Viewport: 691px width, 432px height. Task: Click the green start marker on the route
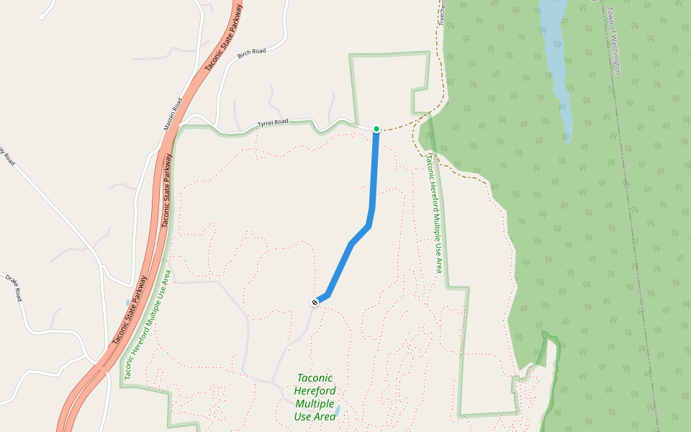[x=376, y=129]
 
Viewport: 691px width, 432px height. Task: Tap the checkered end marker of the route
[x=315, y=302]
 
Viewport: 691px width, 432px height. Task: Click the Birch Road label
[x=252, y=52]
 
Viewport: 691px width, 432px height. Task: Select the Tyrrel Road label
[x=273, y=122]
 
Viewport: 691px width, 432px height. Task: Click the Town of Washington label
[x=614, y=40]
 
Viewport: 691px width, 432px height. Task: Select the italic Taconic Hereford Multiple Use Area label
[x=315, y=397]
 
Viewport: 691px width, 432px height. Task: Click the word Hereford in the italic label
[x=315, y=391]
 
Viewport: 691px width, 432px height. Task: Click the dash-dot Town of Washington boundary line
[x=633, y=216]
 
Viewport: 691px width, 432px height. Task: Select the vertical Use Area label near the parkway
[x=147, y=324]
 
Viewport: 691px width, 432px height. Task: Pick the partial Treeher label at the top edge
[x=442, y=11]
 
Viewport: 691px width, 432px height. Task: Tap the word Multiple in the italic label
[x=315, y=404]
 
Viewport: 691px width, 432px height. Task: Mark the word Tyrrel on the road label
[x=266, y=124]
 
